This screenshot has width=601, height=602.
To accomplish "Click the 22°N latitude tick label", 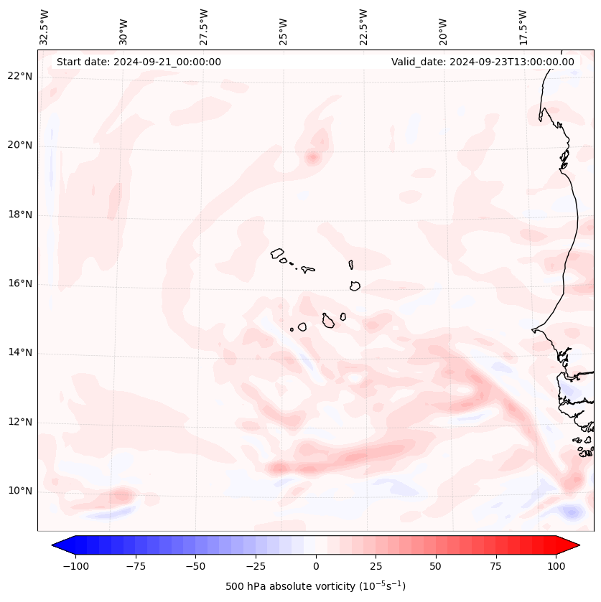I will tap(21, 76).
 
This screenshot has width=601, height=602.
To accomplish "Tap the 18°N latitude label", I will tap(21, 215).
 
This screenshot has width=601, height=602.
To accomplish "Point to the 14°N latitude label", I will tap(21, 352).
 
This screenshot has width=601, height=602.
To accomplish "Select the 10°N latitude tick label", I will tap(21, 491).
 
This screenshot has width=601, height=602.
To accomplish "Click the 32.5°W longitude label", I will tap(45, 27).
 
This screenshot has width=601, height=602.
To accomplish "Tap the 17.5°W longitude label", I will tap(523, 27).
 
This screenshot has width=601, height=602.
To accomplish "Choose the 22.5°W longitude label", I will tap(363, 27).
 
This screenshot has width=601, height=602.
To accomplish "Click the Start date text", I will tap(139, 62).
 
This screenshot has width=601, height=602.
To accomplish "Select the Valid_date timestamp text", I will tap(483, 62).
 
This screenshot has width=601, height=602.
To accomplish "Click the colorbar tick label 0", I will tap(315, 566).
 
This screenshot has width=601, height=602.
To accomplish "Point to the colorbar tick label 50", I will tap(435, 566).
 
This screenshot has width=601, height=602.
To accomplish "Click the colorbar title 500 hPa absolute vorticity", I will tap(315, 586).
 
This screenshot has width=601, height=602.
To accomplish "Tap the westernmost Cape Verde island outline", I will tap(277, 253).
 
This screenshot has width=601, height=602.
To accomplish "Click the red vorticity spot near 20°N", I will tap(312, 157).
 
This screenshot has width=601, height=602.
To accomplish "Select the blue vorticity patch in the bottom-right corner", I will tap(572, 512).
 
